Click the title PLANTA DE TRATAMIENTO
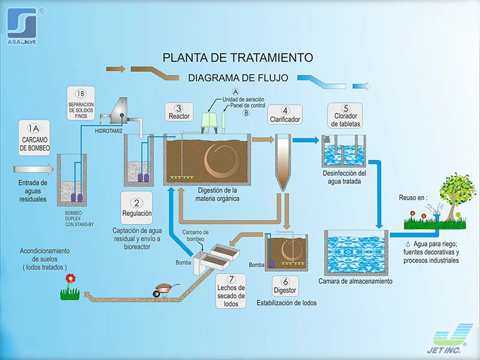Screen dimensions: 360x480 [x=238, y=58]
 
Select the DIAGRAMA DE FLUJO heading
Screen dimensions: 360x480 [x=238, y=77]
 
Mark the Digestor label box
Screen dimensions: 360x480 [x=285, y=286]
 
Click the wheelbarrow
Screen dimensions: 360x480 [x=163, y=290]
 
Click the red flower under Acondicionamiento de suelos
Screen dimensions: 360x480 [x=71, y=278]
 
